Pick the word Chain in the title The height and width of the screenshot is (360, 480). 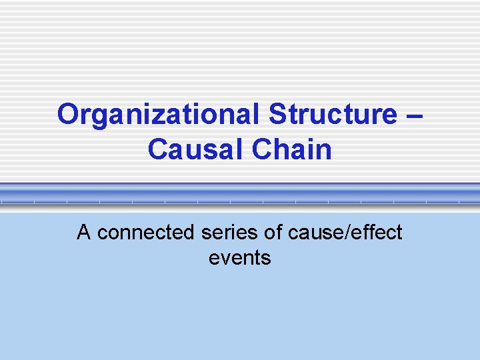coord(291,150)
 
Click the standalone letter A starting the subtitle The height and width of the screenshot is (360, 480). coord(83,233)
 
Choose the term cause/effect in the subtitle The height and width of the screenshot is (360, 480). coord(345,233)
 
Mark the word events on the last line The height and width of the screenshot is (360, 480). coord(239,257)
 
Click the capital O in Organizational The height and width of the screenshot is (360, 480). coord(69,115)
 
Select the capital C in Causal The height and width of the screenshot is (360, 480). coord(158,150)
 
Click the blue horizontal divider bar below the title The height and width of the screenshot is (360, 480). coord(240,194)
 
